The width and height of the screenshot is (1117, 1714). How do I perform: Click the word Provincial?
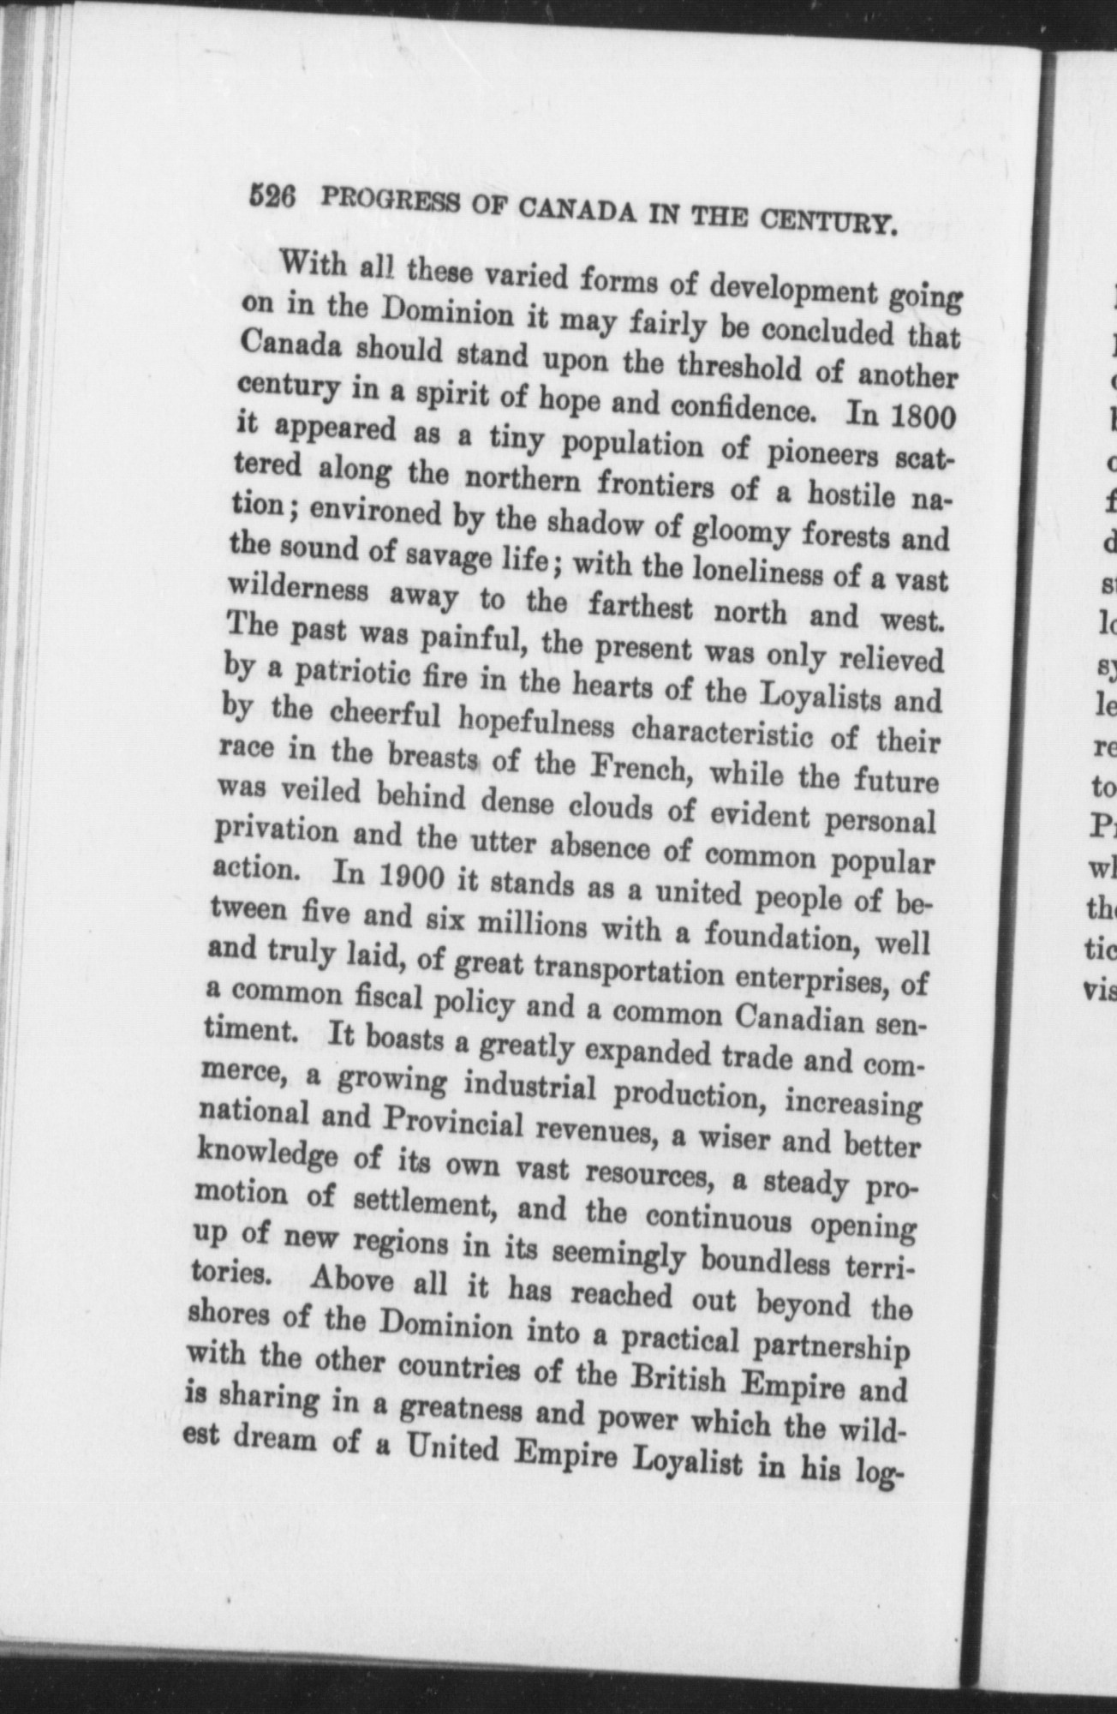pyautogui.click(x=452, y=1123)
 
